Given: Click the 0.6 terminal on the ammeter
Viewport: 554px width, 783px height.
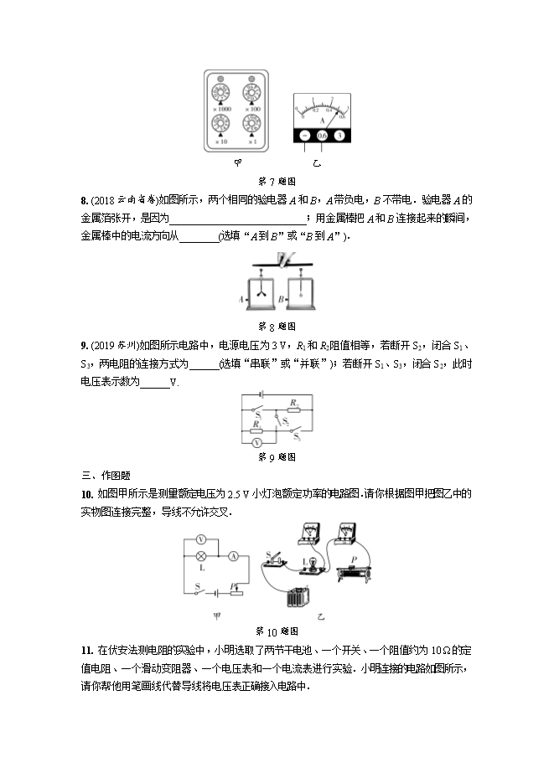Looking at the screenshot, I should [322, 135].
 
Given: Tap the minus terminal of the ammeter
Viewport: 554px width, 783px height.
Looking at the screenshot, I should [304, 135].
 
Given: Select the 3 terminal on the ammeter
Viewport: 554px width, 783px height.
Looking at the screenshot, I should [339, 135].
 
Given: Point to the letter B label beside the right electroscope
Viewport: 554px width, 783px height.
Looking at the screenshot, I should [281, 298].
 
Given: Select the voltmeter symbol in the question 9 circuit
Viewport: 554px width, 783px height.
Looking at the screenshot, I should [258, 440].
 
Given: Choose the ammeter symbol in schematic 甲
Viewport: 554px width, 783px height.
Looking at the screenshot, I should [235, 556].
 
